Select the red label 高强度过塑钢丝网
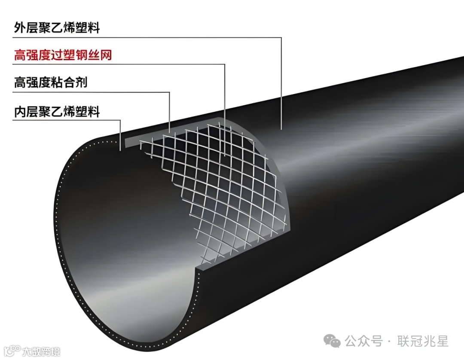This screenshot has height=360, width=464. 63,55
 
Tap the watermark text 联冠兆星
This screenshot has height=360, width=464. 424,342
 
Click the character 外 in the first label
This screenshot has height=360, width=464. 20,28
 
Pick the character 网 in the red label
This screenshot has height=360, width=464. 106,55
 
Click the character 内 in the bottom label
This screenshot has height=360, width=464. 20,112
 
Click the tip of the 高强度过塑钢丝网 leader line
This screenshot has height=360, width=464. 225,155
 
